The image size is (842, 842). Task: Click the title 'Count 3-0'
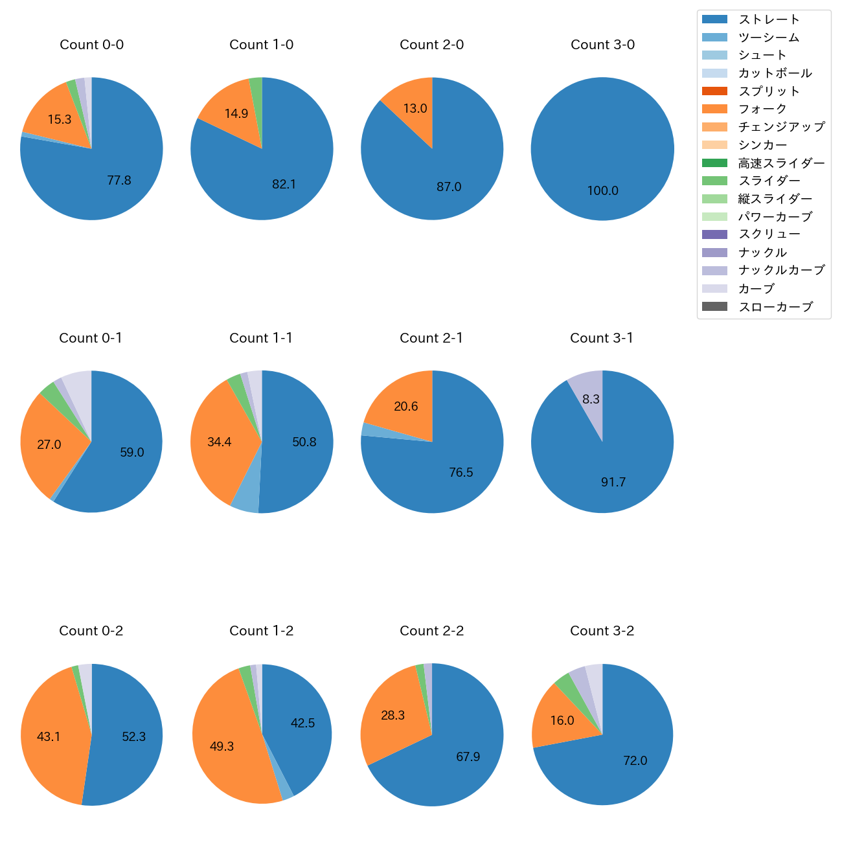pos(602,45)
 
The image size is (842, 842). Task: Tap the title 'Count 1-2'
pos(261,631)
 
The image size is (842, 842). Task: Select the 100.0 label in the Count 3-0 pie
pos(602,190)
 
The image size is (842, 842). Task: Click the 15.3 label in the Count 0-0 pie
pos(60,119)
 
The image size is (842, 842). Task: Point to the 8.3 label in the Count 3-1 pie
pos(591,399)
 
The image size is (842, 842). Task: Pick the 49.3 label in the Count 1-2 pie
pos(222,746)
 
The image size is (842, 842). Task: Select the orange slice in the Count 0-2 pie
pos(52,732)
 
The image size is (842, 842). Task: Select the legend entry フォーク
pos(762,109)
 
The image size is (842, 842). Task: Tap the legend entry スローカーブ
pos(775,307)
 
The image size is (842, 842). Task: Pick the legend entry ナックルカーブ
pos(781,270)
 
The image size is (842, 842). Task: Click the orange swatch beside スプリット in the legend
pos(714,91)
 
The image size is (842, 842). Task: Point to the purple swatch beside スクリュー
pos(714,234)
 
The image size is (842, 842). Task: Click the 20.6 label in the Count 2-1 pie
pos(406,407)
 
